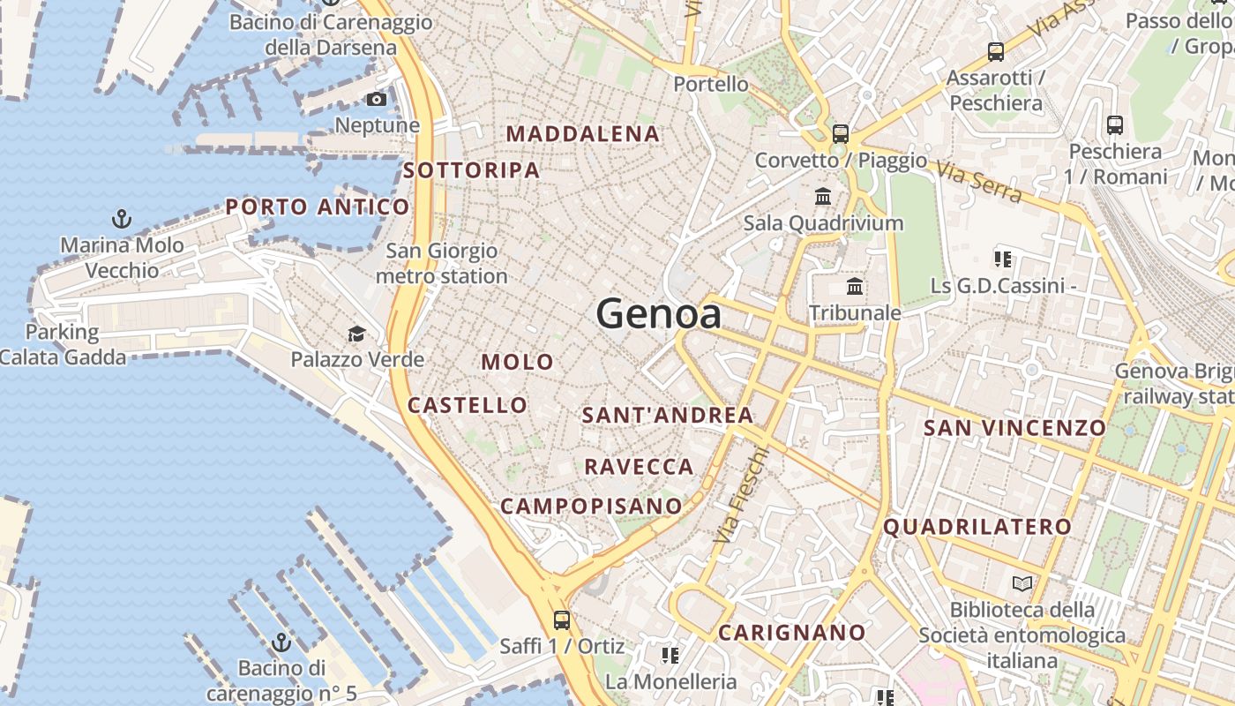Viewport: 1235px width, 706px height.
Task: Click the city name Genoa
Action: [x=658, y=313]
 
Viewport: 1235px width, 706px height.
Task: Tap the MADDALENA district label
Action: [x=582, y=134]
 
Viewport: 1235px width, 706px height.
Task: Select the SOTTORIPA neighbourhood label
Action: [x=471, y=170]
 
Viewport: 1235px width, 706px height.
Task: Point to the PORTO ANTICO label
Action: [x=318, y=207]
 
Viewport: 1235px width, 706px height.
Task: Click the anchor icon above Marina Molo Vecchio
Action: [x=122, y=218]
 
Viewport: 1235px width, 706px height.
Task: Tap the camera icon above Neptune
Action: [x=377, y=99]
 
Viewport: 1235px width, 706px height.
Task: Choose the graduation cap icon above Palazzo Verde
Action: [x=356, y=334]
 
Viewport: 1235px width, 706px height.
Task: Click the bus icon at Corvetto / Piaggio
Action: [x=840, y=134]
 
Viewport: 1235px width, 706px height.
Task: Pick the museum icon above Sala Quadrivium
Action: [x=823, y=196]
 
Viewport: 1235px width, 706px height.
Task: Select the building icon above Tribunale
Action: [x=854, y=286]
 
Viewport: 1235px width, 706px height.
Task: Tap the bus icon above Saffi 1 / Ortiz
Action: [x=561, y=620]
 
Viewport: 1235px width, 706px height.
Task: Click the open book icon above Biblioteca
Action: [x=1022, y=583]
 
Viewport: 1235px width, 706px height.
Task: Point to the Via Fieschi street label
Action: [x=742, y=495]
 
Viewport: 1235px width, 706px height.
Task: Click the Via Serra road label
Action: [x=980, y=181]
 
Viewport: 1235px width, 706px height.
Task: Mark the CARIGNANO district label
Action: [x=791, y=633]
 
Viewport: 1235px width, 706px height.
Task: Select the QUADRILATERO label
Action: [x=977, y=527]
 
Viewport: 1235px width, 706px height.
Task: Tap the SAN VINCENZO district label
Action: [x=1014, y=428]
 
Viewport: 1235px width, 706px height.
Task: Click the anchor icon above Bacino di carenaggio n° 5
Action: [x=281, y=642]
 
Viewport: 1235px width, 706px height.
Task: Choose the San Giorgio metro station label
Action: [x=441, y=263]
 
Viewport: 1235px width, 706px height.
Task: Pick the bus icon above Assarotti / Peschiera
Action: [x=996, y=52]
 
